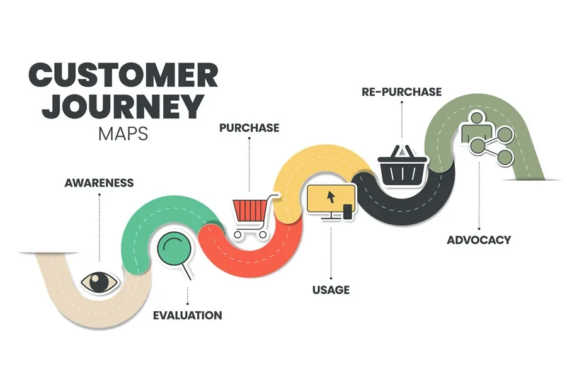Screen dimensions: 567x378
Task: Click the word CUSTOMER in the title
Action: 123,75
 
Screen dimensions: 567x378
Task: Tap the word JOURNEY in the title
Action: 123,106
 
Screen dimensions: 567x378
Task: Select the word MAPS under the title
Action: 123,134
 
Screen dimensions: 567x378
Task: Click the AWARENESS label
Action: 99,183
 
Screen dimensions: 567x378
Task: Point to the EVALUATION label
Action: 187,316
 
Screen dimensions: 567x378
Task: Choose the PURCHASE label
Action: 249,128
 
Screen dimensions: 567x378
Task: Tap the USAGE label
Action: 331,290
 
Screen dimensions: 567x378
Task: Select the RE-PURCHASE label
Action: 402,91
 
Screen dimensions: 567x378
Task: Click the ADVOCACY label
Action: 479,240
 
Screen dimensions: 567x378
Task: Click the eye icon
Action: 100,282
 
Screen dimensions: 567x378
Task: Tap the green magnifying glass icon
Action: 175,253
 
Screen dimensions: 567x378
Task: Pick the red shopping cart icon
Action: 255,216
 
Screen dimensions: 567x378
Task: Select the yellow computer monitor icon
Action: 331,202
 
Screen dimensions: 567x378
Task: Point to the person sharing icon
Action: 487,139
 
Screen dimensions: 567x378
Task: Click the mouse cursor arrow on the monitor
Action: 331,197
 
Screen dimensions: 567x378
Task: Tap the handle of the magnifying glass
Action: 186,272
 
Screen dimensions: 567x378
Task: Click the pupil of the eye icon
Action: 98,282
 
